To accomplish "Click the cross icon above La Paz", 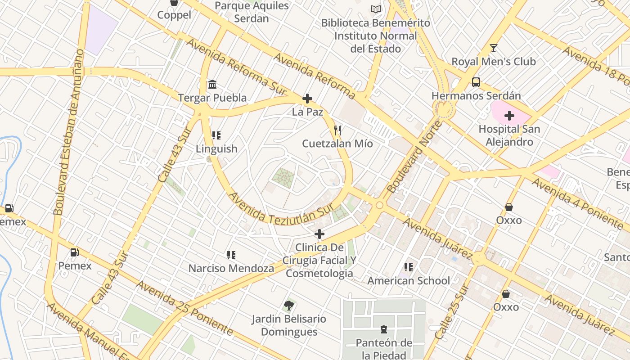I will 307,99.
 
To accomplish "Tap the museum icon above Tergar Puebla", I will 212,84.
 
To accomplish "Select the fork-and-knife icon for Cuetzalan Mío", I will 337,130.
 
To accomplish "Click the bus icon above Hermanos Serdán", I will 476,82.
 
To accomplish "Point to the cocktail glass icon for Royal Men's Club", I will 494,48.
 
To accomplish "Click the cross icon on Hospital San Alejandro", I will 509,116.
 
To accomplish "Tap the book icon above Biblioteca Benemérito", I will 375,9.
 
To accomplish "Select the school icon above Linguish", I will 216,135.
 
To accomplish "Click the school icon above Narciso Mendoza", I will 231,255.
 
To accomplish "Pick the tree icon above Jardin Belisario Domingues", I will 289,306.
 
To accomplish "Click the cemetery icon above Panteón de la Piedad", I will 384,330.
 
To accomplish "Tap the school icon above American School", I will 409,267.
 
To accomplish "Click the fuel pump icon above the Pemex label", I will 75,252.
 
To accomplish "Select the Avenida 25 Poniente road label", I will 184,308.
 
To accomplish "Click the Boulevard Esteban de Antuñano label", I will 68,133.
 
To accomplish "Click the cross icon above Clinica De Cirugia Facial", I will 319,234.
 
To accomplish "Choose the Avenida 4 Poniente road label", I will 577,202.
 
